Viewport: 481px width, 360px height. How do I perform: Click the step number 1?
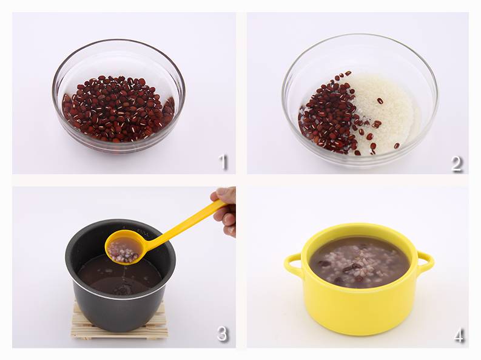(224, 162)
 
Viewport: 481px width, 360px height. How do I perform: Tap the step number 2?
(457, 163)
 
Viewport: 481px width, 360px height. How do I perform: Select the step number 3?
(222, 334)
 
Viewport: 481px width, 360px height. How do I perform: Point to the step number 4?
(459, 335)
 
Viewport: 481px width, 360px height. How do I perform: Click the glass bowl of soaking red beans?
(118, 96)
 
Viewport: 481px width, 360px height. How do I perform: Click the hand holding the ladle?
(224, 210)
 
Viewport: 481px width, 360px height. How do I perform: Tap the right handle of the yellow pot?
(425, 262)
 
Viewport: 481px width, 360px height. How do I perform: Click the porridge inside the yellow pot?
(360, 262)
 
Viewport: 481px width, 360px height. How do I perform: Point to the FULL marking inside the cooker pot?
(143, 233)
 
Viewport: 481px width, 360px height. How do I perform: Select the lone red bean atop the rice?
(380, 101)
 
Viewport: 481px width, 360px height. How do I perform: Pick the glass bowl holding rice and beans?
(360, 101)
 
